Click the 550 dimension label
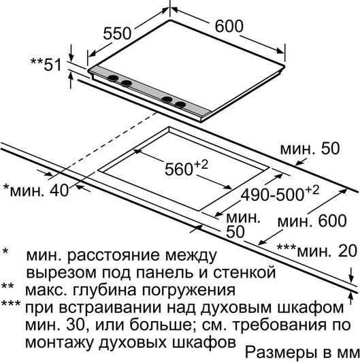click(x=117, y=34)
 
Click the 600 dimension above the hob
click(x=229, y=27)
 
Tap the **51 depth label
click(x=46, y=64)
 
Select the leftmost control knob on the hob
click(x=113, y=78)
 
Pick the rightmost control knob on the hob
click(x=180, y=105)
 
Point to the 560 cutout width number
click(x=178, y=169)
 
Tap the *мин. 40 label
click(x=36, y=191)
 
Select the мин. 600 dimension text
click(x=312, y=220)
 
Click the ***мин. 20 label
click(x=317, y=251)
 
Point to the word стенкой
click(x=244, y=272)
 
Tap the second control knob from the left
click(x=127, y=83)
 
